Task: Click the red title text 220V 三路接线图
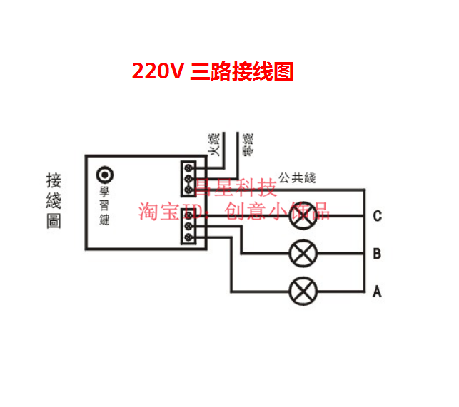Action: pos(213,71)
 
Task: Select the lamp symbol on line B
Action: pos(302,252)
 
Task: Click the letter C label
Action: pos(377,216)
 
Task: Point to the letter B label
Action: pos(377,254)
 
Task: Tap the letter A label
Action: pos(377,292)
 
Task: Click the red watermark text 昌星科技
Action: pos(236,188)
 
